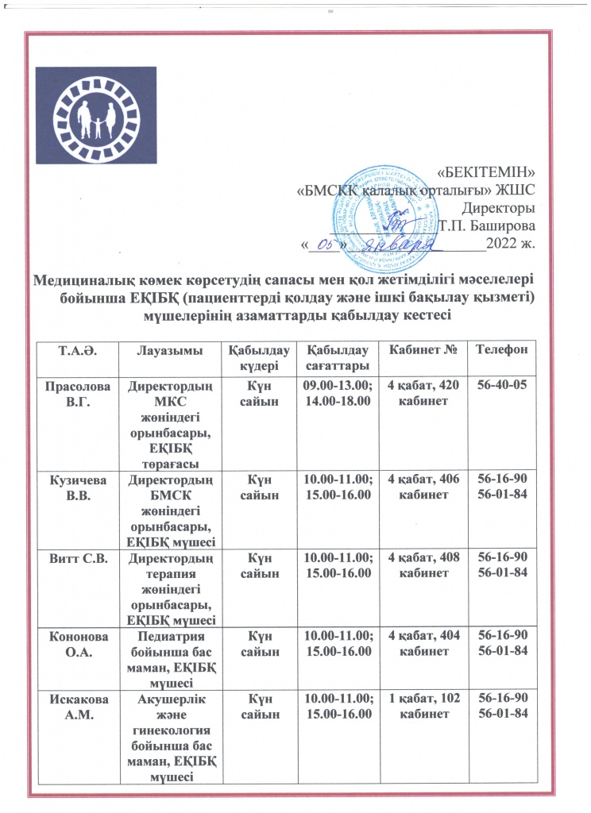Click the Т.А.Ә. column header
pyautogui.click(x=74, y=350)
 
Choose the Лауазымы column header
pyautogui.click(x=171, y=350)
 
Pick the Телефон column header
pyautogui.click(x=499, y=350)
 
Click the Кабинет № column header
pyautogui.click(x=419, y=350)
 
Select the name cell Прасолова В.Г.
pyautogui.click(x=74, y=393)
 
